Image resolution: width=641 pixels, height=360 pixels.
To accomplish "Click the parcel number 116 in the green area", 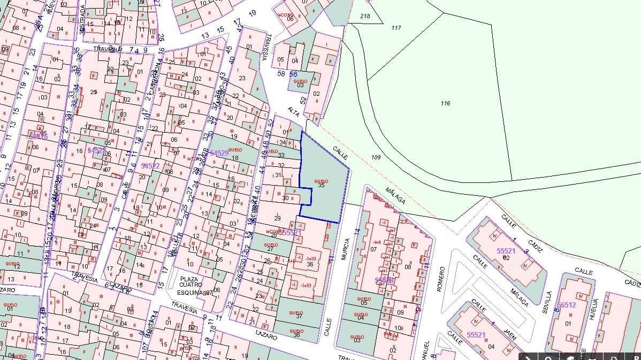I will (x=445, y=103).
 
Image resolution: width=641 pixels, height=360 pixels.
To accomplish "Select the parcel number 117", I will (x=396, y=28).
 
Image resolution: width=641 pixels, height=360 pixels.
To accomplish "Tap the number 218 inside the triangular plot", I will (x=365, y=17).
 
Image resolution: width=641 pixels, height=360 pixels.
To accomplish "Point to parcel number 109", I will (x=376, y=157).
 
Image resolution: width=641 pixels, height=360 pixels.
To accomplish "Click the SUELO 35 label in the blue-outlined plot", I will (x=321, y=183).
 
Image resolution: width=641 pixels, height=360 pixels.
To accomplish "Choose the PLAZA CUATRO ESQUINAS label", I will (x=193, y=286).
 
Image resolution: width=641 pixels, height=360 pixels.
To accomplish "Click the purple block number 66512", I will (x=567, y=305).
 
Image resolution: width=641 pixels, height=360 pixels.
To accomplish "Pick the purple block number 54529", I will (x=219, y=153).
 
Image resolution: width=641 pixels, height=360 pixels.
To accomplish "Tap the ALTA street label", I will (x=293, y=112).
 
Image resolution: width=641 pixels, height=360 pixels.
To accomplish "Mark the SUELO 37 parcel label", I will (x=296, y=315).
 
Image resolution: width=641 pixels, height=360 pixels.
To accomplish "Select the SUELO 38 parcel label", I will (x=296, y=333).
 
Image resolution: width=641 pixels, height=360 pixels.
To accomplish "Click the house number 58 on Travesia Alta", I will (x=281, y=74).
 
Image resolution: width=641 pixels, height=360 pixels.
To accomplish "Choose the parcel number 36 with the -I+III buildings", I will (x=310, y=264).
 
